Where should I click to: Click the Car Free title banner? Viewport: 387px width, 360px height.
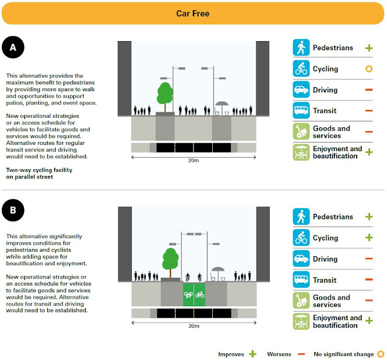tap(193, 13)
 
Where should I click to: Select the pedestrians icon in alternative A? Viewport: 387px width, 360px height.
tap(301, 48)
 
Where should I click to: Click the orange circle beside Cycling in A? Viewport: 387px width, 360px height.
tap(369, 69)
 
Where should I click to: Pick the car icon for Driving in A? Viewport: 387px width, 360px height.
tap(301, 90)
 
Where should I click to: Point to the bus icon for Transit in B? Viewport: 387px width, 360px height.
tap(301, 280)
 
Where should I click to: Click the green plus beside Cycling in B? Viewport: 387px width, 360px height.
tap(369, 238)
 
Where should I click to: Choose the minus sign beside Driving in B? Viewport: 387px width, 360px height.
tap(369, 259)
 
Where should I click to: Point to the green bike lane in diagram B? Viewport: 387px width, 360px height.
tap(193, 295)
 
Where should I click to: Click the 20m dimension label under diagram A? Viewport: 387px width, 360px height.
tap(193, 162)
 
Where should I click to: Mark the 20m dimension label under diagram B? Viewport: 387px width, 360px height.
tap(193, 326)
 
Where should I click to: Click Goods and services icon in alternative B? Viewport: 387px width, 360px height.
tap(301, 301)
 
